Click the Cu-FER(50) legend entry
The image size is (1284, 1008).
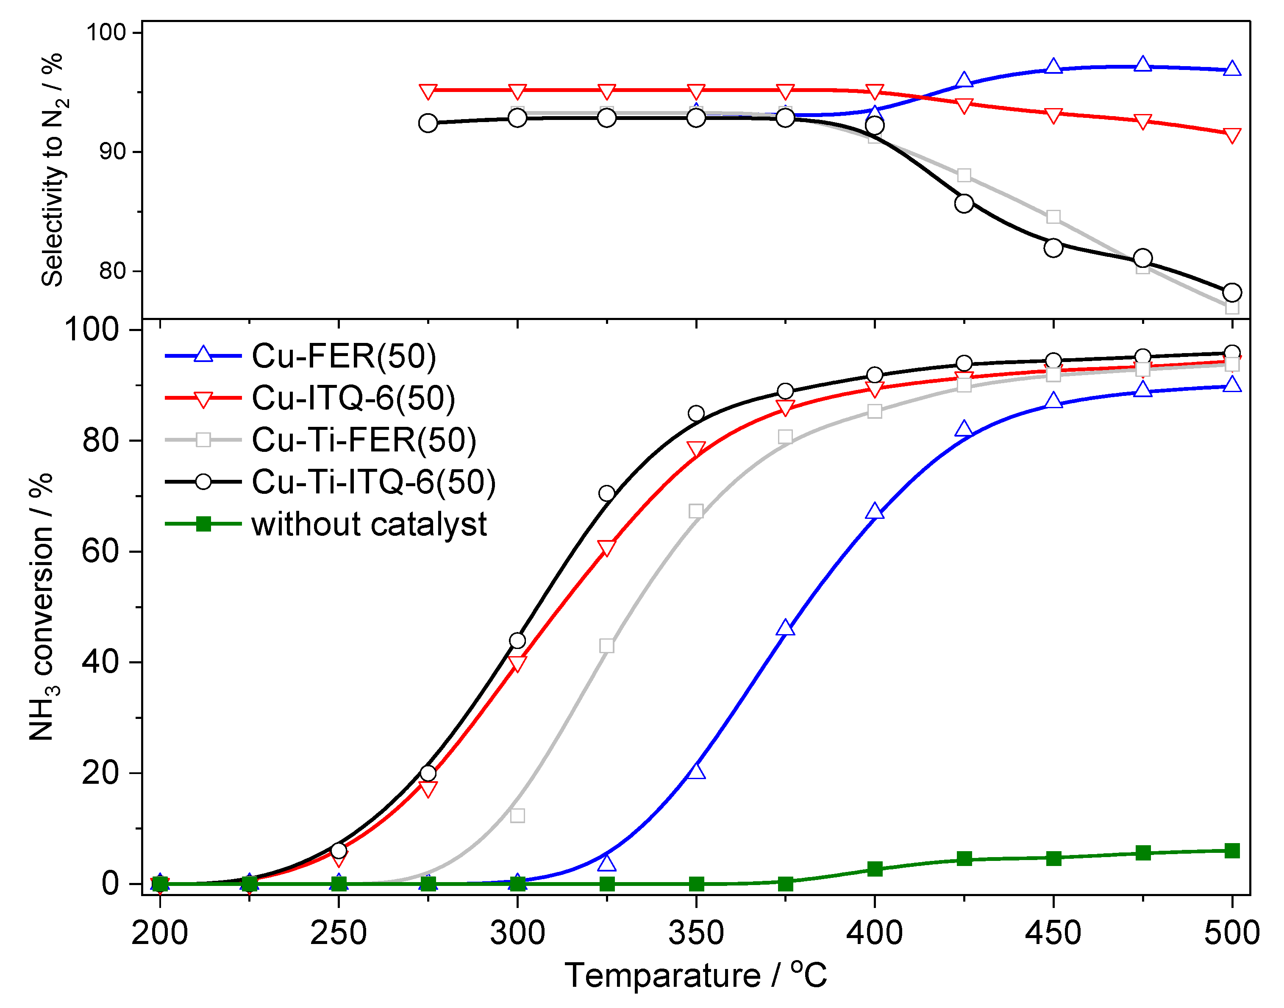343,356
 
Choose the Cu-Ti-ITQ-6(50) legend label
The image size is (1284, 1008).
373,482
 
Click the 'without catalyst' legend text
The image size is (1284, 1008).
369,524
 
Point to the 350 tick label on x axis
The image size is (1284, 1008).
696,933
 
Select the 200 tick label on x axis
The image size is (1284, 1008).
159,933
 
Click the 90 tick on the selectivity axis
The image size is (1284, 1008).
112,152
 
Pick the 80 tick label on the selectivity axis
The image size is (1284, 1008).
112,271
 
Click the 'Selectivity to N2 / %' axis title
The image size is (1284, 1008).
53,170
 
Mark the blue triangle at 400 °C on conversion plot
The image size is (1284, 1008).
875,512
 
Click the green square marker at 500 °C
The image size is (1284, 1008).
1231,850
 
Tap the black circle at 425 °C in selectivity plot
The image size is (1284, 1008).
964,203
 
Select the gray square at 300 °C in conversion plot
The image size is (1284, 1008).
517,816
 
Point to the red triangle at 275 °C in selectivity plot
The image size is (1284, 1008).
428,92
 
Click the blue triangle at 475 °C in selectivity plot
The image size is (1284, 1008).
1142,64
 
